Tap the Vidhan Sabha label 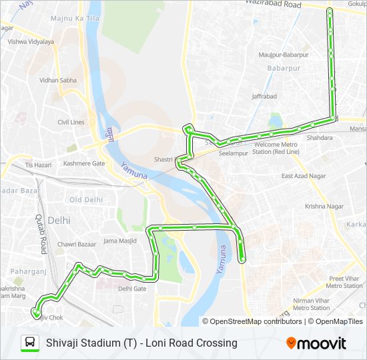coord(58,80)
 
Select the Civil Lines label coord(71,122)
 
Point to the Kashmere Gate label coord(84,163)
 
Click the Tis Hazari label coord(38,164)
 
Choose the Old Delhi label coord(86,199)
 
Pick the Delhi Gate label coord(131,289)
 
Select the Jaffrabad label coord(264,97)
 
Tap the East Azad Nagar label coord(303,176)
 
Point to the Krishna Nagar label coord(324,207)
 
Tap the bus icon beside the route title coord(30,343)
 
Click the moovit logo coord(316,343)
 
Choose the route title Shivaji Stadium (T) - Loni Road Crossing coord(141,343)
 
